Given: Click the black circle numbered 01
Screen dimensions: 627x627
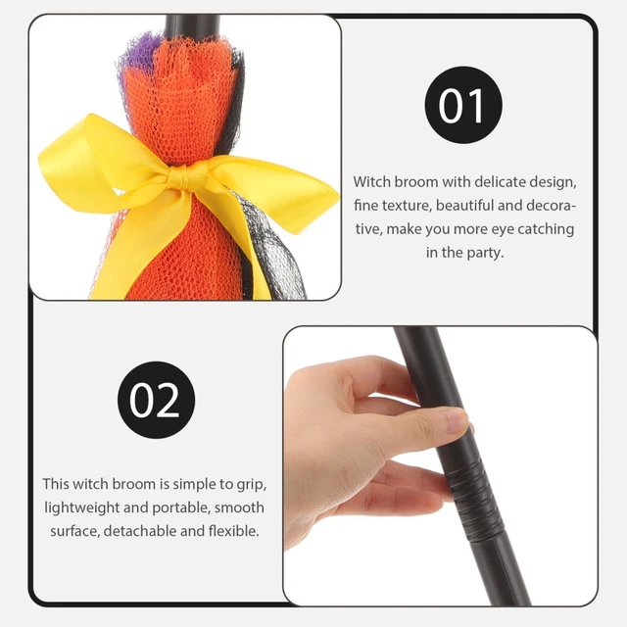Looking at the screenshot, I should point(463,107).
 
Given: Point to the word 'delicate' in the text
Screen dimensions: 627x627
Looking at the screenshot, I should point(494,182).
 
